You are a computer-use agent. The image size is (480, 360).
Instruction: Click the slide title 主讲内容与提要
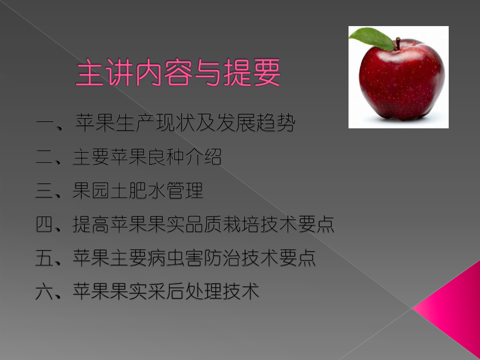click(x=178, y=73)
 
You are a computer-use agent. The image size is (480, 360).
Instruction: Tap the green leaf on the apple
click(x=372, y=39)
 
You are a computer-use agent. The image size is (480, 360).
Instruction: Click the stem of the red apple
click(x=398, y=43)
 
